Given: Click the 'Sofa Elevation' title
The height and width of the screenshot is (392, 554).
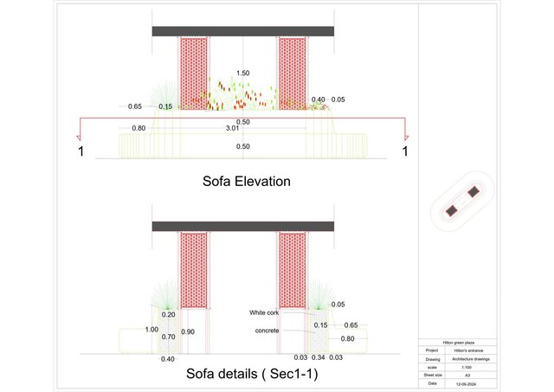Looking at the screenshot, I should (x=246, y=182).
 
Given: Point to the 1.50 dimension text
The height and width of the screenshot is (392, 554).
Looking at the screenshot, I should (x=243, y=74).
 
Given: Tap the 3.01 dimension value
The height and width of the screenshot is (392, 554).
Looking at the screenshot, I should (x=232, y=128).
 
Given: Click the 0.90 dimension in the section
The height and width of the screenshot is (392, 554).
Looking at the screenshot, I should (x=189, y=332).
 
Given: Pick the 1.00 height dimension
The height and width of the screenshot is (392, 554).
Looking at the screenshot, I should (x=152, y=330).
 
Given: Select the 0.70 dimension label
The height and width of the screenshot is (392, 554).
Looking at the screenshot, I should (x=169, y=337).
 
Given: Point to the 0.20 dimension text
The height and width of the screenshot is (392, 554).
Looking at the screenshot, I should (x=169, y=315).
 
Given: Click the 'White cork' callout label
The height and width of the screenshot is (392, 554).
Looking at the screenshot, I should (x=264, y=312).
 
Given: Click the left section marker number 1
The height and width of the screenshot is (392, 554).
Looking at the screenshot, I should (x=81, y=152).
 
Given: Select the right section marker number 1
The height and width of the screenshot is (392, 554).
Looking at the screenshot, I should (x=404, y=152).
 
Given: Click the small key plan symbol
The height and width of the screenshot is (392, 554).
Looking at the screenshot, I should (x=462, y=202).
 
